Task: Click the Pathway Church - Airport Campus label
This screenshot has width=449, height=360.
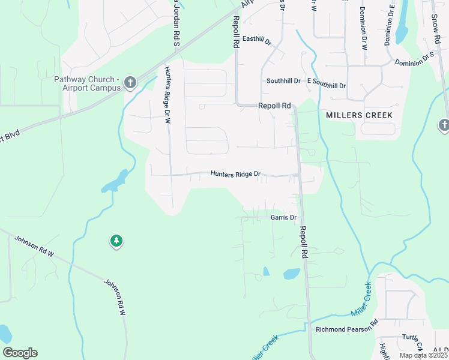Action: tap(87, 83)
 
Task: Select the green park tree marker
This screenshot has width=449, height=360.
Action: tap(116, 241)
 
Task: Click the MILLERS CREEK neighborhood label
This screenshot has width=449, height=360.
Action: tap(359, 115)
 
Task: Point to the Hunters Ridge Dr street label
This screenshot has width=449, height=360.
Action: tap(235, 174)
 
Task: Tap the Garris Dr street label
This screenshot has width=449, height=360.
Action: tap(283, 217)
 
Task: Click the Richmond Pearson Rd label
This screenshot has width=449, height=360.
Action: tap(346, 329)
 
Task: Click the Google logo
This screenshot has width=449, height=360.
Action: tap(20, 352)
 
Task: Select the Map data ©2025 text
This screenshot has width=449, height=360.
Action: tap(424, 355)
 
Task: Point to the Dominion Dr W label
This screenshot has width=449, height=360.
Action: tap(363, 28)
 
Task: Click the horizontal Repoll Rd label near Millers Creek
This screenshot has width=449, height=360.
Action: tap(274, 106)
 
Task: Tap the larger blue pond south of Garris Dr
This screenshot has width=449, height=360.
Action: tap(292, 274)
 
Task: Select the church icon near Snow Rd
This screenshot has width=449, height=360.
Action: tap(444, 125)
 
